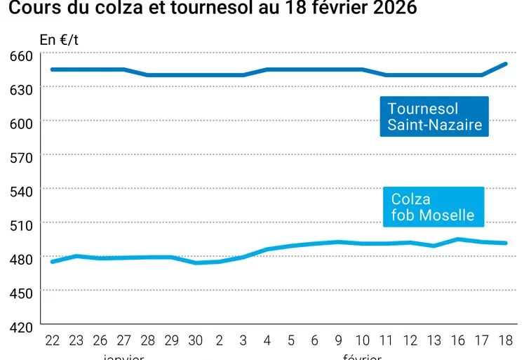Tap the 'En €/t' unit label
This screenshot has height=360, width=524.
click(x=59, y=40)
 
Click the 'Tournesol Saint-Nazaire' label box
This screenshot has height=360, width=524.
click(x=434, y=116)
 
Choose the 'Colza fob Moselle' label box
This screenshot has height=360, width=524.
click(x=433, y=207)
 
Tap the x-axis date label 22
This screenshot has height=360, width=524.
click(x=53, y=340)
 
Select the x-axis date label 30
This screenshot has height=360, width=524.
click(x=196, y=340)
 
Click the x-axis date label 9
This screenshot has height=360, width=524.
click(x=339, y=340)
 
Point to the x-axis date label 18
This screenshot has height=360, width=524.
click(x=506, y=340)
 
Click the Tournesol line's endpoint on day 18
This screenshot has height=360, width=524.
click(x=506, y=64)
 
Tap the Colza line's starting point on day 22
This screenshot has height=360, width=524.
click(x=53, y=262)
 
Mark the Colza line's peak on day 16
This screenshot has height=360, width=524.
click(x=458, y=239)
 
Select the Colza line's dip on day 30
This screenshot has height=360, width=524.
click(x=196, y=262)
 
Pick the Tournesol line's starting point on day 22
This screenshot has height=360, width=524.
click(x=53, y=69)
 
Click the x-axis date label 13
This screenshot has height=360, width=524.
click(x=434, y=340)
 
